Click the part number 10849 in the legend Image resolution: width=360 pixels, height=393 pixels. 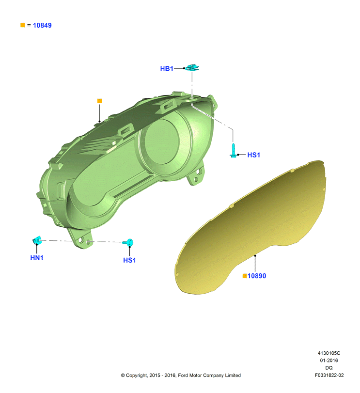tap(42, 25)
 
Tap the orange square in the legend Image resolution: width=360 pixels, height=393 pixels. tap(23, 25)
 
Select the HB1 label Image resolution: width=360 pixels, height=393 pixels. tap(167, 68)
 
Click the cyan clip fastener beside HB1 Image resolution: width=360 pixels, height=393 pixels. tap(192, 68)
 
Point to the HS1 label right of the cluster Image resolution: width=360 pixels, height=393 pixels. tap(253, 155)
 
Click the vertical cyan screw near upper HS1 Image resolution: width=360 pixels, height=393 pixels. tap(233, 150)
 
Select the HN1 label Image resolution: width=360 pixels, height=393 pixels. tap(36, 258)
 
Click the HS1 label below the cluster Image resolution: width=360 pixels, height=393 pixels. tap(129, 260)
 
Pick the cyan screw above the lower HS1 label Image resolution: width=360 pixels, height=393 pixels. tap(128, 242)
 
